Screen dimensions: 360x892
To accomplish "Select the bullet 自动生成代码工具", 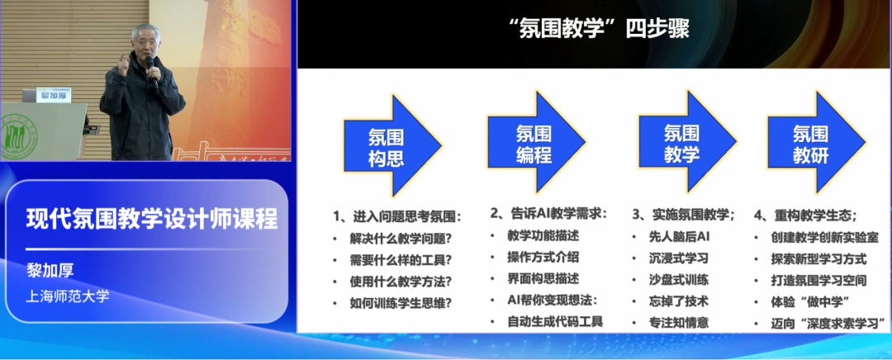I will point(555,321).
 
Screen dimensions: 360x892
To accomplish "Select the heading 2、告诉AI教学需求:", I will point(548,214).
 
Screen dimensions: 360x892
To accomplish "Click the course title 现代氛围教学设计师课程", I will point(152,219).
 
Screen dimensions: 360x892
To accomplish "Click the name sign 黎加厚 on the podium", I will point(55,95).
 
